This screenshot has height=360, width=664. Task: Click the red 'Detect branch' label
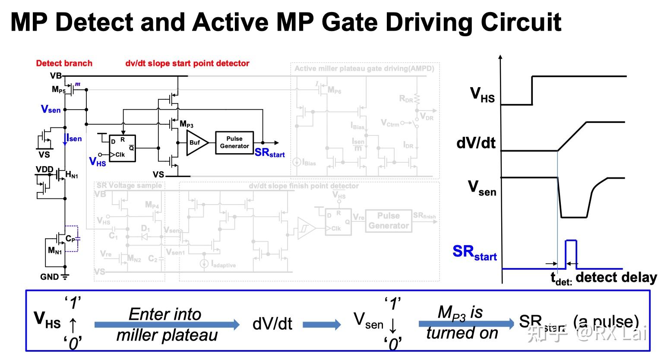[x=64, y=63]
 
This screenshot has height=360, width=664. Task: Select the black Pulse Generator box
[x=234, y=142]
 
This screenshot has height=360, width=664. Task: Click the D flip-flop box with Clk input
[x=122, y=148]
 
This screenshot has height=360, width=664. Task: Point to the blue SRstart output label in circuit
[x=269, y=153]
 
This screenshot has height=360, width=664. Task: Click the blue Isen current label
[x=74, y=139]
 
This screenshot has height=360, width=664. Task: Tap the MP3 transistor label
[x=187, y=124]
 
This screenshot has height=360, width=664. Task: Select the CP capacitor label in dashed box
[x=70, y=238]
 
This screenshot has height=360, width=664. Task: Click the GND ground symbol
[x=65, y=277]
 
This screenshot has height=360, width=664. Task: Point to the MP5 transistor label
[x=58, y=90]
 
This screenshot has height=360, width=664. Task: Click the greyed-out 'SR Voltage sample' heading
[x=129, y=186]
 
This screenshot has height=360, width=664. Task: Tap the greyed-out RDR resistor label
[x=405, y=99]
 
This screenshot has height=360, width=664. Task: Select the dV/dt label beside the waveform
[x=476, y=143]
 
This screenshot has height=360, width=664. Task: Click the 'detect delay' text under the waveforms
[x=616, y=278]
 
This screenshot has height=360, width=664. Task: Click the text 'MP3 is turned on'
[x=462, y=322]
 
